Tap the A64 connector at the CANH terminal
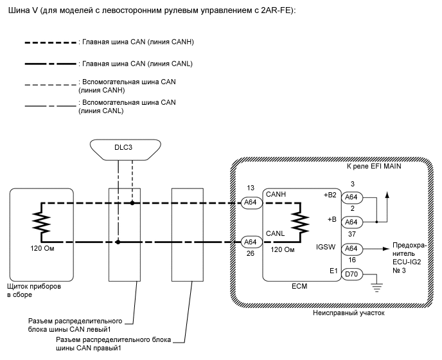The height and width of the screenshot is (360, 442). point(250,202)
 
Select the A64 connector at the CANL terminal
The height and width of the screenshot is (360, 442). point(250,242)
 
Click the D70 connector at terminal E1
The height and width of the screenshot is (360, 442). point(351,274)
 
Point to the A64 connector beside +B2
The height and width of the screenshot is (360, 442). point(351,197)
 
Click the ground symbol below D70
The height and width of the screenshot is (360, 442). point(377,284)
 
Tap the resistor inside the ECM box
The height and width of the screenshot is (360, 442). point(297,222)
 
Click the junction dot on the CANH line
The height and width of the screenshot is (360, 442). point(132,202)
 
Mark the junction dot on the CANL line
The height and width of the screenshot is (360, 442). point(118,242)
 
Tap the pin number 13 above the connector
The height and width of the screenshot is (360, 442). point(249,189)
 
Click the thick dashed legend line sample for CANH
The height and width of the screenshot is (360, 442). point(49,42)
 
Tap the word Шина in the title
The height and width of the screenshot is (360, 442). point(15,12)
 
